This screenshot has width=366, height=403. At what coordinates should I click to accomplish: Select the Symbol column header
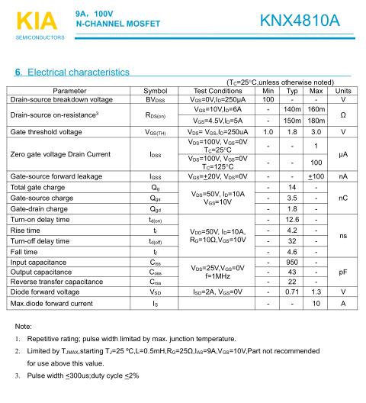(155, 90)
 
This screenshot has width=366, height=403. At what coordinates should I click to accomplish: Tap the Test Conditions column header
(217, 90)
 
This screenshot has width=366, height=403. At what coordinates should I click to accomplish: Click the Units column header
(343, 90)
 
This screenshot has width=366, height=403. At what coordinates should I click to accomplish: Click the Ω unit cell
(343, 115)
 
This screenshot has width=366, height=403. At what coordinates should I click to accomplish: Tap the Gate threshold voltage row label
(53, 132)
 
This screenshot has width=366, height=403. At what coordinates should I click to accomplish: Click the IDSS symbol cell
(155, 153)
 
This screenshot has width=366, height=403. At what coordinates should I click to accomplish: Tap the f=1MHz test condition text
(217, 276)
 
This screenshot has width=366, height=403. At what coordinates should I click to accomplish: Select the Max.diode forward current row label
(58, 304)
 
